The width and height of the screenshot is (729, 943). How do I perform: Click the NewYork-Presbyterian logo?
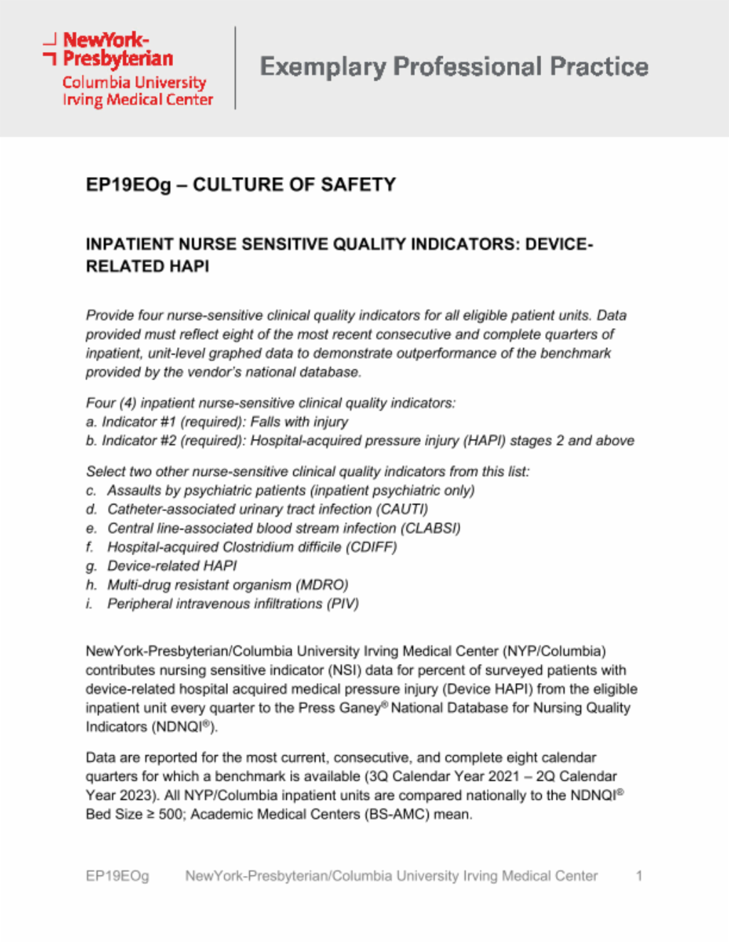(128, 68)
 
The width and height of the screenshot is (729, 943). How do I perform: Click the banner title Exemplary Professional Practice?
(453, 67)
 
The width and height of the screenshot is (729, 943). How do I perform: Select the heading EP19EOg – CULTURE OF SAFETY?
(241, 185)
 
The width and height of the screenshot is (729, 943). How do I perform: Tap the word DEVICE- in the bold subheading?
(559, 244)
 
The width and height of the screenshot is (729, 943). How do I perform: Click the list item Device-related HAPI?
(172, 566)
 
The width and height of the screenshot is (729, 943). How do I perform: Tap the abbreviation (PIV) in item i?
(342, 604)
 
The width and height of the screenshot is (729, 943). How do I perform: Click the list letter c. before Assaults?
(91, 491)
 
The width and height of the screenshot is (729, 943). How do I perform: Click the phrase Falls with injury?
(299, 422)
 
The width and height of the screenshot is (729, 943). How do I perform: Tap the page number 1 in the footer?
(639, 876)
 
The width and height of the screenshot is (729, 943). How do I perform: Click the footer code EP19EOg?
(117, 876)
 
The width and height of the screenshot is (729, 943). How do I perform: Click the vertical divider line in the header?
(236, 68)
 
